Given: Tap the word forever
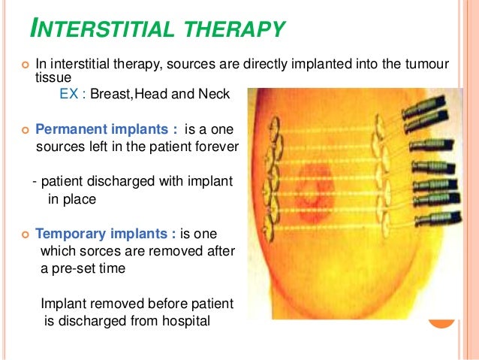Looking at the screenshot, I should (x=215, y=145).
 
